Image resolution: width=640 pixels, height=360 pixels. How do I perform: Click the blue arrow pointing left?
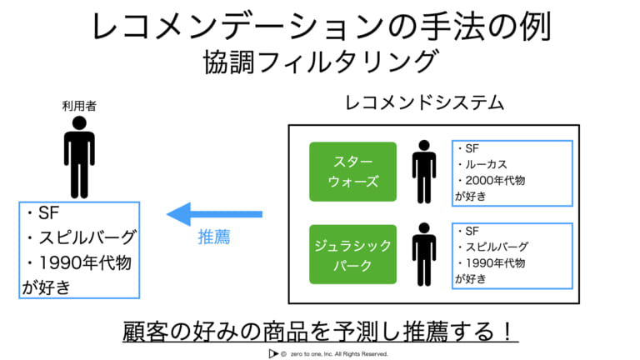pos(214,214)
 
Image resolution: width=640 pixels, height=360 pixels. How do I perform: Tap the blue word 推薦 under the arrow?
pos(214,237)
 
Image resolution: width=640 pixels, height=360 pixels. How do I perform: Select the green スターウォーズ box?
pos(352,172)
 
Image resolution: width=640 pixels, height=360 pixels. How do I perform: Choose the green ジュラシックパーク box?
pos(352,254)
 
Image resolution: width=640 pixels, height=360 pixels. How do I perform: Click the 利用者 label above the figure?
pos(79,106)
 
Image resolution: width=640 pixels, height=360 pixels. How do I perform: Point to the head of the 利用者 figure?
pos(79,123)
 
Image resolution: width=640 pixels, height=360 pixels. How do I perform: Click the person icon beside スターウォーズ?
pos(424,172)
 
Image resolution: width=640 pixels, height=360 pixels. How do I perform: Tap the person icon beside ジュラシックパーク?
pos(424,254)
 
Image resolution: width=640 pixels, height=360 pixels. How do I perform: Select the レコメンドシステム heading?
pos(424,102)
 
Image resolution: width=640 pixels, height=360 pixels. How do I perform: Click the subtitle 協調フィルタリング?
pos(322,62)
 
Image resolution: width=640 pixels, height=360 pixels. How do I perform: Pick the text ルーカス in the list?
pos(487,164)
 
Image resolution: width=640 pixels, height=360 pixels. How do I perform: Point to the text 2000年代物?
pos(495,180)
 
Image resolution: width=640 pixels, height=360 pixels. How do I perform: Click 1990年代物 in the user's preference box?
pos(85,262)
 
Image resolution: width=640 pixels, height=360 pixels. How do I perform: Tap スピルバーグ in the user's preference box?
pos(87,237)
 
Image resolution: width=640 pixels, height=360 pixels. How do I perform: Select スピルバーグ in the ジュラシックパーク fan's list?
pos(497,247)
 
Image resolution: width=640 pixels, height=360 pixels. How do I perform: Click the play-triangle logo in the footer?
pos(273,354)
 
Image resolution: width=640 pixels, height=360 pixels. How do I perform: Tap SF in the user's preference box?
pos(48,212)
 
